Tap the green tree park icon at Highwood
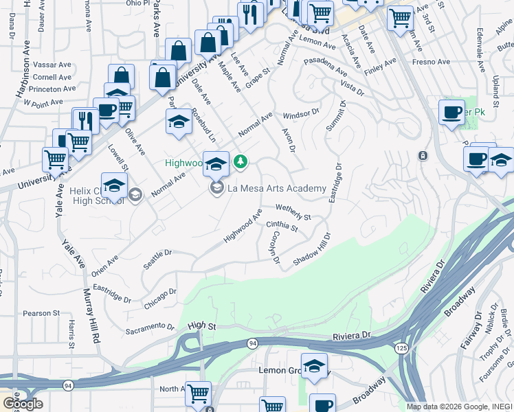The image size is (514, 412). (240, 162)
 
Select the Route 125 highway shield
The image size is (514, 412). (401, 349)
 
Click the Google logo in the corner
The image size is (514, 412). (22, 404)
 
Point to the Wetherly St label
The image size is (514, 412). (293, 207)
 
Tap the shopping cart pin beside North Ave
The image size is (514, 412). (198, 393)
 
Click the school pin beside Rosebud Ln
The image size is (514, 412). (179, 121)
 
